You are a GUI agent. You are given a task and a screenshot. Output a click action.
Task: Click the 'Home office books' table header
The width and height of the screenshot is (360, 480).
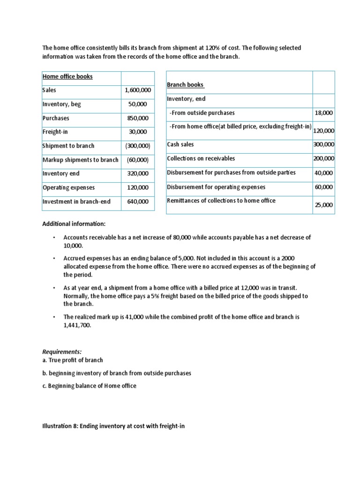(x=67, y=76)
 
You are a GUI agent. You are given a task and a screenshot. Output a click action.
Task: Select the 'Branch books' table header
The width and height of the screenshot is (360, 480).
(x=186, y=85)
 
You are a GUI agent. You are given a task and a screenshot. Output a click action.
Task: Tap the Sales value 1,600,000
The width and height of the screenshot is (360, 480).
(x=138, y=90)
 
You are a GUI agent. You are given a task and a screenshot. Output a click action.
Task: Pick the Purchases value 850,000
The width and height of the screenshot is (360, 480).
(x=138, y=118)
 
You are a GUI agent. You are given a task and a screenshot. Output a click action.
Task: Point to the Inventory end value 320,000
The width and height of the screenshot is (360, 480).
(x=138, y=173)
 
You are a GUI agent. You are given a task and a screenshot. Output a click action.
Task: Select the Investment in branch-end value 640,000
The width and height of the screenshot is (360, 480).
(x=138, y=202)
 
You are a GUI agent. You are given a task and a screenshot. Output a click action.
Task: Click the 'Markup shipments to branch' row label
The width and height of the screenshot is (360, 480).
(x=80, y=160)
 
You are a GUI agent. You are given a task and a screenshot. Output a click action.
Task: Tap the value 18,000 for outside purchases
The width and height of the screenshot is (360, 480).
(x=324, y=113)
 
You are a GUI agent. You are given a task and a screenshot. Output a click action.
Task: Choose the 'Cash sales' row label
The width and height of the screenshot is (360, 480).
(x=180, y=144)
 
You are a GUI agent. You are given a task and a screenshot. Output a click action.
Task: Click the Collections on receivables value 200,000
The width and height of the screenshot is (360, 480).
(x=324, y=158)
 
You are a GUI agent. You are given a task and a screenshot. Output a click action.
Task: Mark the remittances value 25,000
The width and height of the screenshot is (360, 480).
(x=324, y=205)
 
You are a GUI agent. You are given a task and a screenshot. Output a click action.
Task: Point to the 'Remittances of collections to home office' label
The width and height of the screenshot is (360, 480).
(x=221, y=201)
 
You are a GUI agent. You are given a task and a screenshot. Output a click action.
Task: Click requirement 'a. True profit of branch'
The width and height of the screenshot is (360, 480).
(x=73, y=360)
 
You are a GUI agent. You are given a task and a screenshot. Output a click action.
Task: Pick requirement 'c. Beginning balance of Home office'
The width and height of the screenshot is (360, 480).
(x=89, y=386)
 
